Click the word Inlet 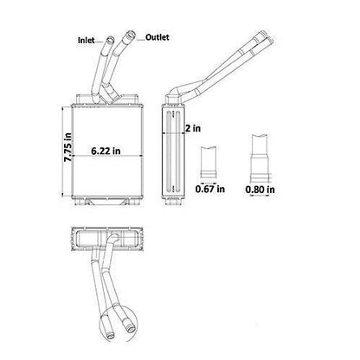(86, 40)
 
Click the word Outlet (157, 37)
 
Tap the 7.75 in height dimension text (68, 147)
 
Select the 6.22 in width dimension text (106, 151)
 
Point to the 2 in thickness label (193, 128)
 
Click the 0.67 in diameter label (210, 189)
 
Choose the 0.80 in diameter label (260, 190)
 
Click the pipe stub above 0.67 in (209, 162)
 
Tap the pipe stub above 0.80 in (260, 158)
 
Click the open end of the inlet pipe (110, 39)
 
